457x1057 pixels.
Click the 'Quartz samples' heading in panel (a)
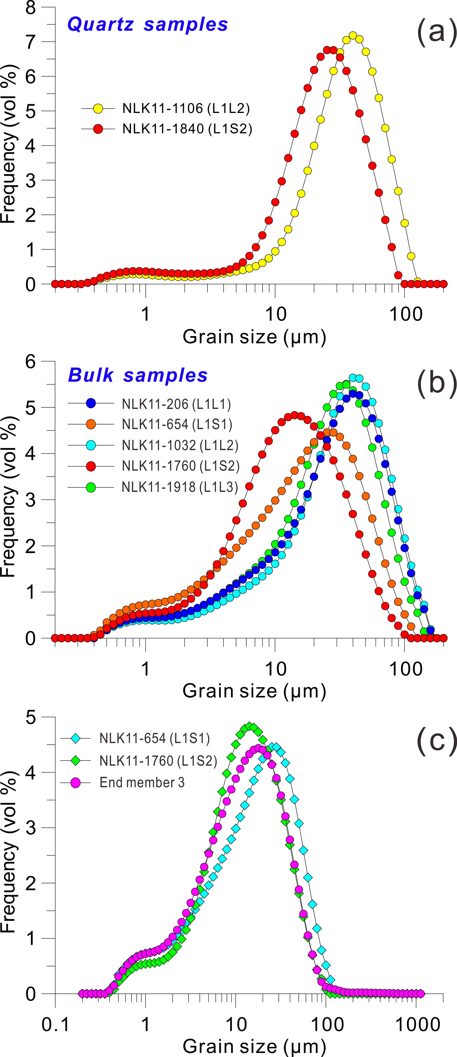click(x=148, y=25)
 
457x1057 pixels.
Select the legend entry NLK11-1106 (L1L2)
click(x=186, y=108)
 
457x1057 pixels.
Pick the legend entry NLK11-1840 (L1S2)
click(x=187, y=129)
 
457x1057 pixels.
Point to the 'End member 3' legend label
click(x=142, y=782)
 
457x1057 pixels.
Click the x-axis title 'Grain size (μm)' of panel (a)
click(x=254, y=337)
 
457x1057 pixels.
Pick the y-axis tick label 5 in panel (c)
click(x=31, y=717)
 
